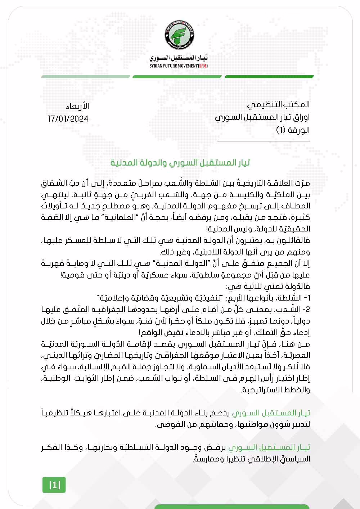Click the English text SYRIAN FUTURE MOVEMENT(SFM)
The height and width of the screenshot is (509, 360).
179,66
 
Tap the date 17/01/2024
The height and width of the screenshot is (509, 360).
68,119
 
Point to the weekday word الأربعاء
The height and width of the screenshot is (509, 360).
77,107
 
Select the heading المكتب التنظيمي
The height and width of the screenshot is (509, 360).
278,105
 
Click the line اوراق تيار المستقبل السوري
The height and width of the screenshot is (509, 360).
262,117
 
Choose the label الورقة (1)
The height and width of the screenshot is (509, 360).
293,130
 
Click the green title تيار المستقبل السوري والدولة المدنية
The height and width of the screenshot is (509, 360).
180,163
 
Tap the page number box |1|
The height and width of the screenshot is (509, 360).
54,485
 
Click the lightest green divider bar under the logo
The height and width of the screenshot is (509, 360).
86,76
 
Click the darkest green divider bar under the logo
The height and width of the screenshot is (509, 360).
269,76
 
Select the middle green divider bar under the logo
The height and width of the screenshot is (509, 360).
177,76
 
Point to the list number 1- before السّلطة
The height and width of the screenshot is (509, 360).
307,298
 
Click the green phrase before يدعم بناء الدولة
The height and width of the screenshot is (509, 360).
271,413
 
